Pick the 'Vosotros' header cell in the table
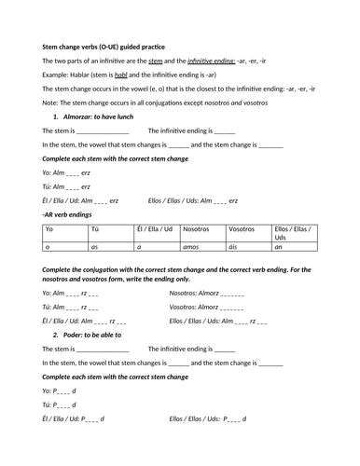(242, 228)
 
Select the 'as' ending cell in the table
(95, 247)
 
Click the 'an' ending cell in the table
(279, 247)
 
